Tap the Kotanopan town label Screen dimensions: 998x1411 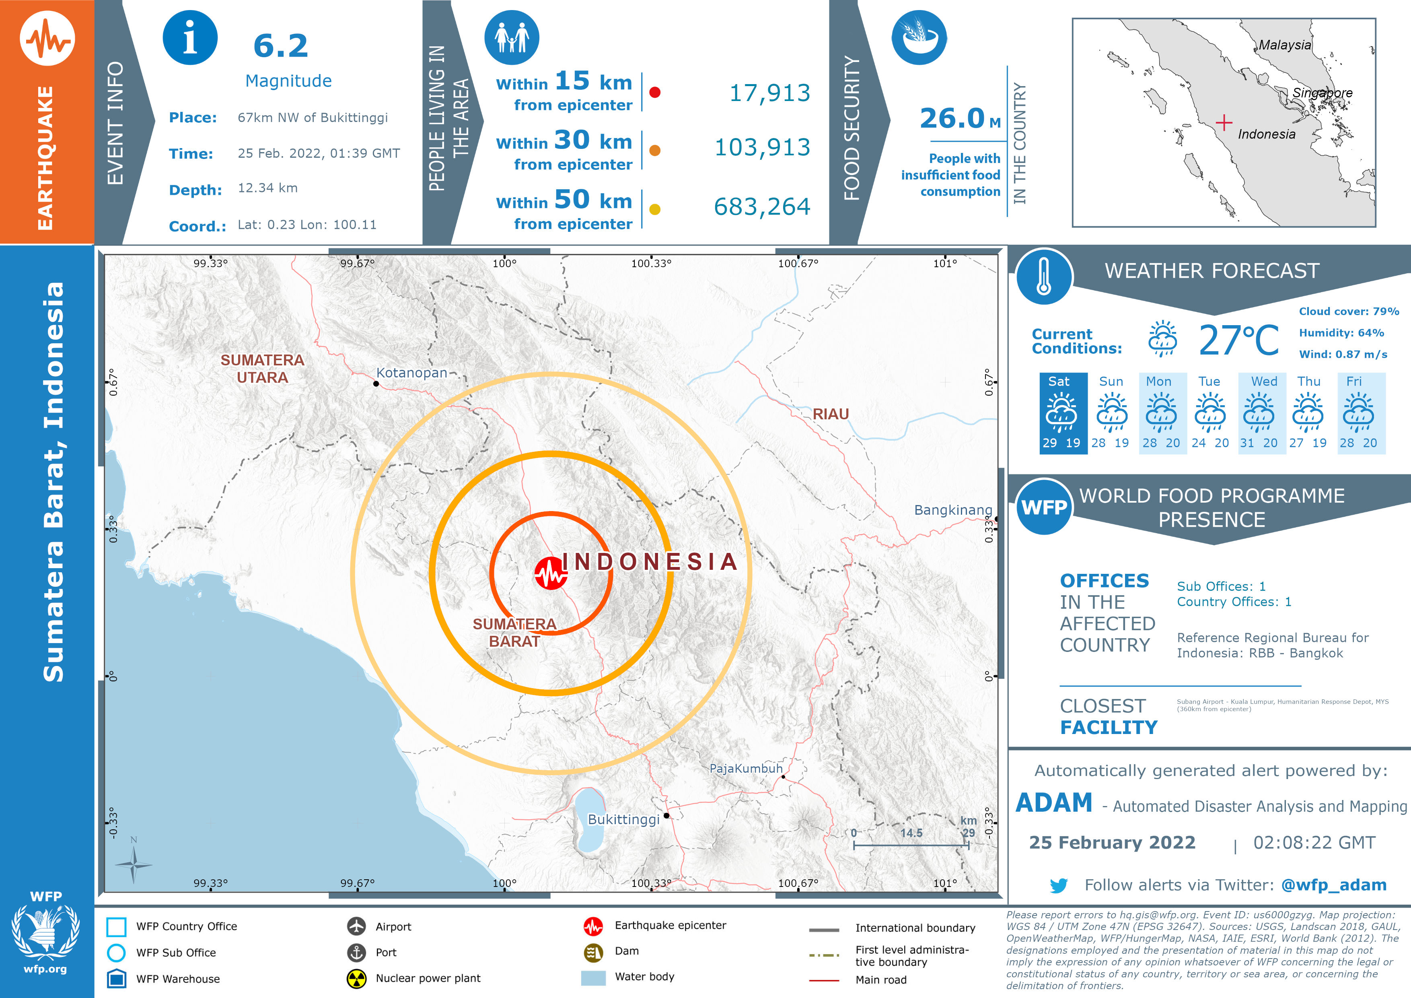click(x=411, y=373)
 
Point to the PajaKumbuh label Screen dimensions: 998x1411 click(x=745, y=768)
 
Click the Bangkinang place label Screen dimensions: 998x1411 click(x=952, y=510)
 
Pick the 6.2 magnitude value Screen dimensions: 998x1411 click(x=281, y=46)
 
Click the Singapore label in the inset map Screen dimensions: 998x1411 click(x=1322, y=93)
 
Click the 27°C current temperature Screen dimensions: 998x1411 click(x=1238, y=341)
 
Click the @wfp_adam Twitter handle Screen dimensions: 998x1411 click(x=1333, y=885)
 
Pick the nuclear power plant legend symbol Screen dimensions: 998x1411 click(x=356, y=978)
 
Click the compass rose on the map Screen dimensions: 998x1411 click(x=134, y=864)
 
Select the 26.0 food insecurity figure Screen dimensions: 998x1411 click(x=952, y=118)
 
